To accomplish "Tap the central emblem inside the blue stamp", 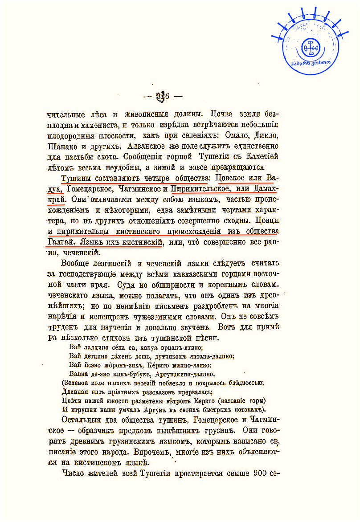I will (311, 46).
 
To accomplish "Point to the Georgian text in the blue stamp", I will (311, 62).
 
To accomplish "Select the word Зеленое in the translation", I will (76, 383).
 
